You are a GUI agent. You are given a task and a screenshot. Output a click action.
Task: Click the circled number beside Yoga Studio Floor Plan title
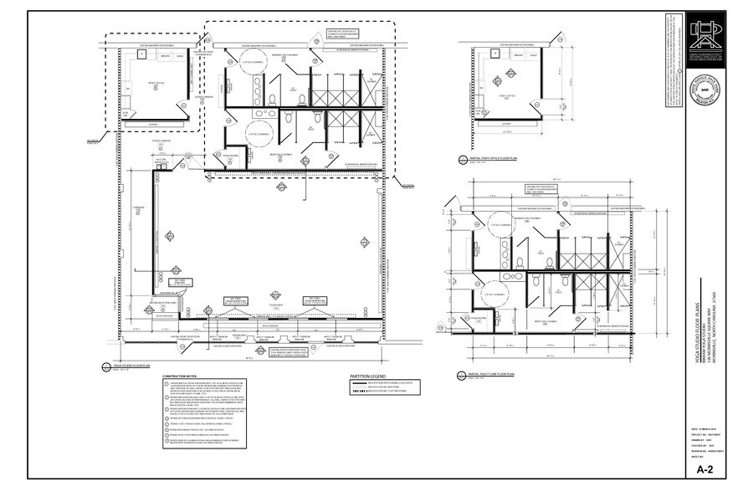[95, 366]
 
